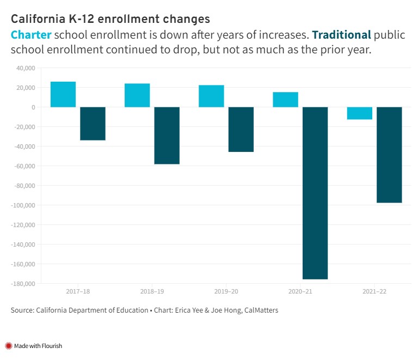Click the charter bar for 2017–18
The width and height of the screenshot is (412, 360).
point(63,94)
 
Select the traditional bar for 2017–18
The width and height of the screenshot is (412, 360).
point(93,124)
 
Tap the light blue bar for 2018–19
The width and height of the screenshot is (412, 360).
point(137,95)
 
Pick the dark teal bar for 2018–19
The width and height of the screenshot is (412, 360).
point(167,136)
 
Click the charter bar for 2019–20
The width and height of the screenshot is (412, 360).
point(211,96)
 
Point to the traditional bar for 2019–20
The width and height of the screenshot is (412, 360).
point(241,129)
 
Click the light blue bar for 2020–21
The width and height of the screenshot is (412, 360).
point(285,100)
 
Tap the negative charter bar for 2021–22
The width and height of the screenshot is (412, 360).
point(360,113)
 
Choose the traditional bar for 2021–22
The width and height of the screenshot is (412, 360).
point(389,155)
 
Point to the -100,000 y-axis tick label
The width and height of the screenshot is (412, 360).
point(23,205)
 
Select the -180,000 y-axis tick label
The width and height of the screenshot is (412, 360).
point(23,284)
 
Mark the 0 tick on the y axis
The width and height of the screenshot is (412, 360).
point(33,107)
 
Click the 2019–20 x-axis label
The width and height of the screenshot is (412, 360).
point(226,292)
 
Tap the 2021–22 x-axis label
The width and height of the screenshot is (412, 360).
point(374,292)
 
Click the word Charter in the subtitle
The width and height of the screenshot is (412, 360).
point(31,35)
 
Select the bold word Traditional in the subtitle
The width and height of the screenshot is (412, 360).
point(341,35)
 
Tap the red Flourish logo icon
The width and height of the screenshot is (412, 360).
point(9,346)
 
